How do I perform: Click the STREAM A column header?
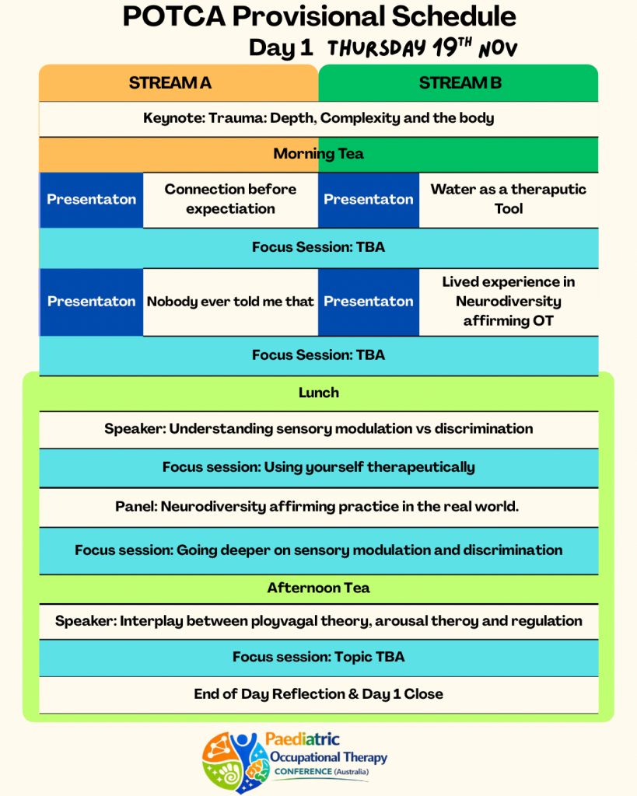170,83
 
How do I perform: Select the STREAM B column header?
460,83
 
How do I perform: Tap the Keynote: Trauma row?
318,119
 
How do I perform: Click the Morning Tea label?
318,154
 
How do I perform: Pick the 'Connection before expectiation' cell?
230,199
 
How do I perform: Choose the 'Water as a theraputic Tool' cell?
509,199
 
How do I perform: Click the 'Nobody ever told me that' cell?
230,302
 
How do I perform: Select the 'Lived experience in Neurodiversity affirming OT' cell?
509,302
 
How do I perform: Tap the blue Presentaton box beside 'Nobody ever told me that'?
91,302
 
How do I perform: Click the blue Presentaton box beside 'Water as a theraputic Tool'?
369,199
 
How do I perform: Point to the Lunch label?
318,393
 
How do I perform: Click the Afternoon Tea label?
318,588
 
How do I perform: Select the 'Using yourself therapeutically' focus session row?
318,467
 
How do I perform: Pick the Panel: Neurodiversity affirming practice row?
318,507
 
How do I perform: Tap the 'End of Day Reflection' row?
318,694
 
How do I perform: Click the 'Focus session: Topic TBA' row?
318,657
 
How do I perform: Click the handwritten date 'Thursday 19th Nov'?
422,48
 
